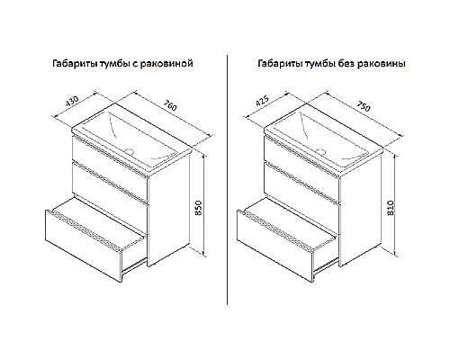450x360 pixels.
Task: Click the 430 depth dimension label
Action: (72, 102)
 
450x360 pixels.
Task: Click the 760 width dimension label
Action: (170, 105)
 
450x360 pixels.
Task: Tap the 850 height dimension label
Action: (198, 208)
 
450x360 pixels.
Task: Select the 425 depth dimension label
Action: (262, 102)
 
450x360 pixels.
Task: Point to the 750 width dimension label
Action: (364, 105)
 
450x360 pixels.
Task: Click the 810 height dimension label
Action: (391, 208)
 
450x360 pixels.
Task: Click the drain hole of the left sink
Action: (130, 150)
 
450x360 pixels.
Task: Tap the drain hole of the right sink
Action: (321, 151)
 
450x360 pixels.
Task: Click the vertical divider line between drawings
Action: (227, 180)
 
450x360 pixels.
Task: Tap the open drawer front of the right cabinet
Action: (274, 246)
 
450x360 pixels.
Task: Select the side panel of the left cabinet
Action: (168, 210)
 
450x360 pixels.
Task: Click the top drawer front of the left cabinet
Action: (110, 155)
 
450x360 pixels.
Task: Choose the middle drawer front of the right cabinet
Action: (301, 184)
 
